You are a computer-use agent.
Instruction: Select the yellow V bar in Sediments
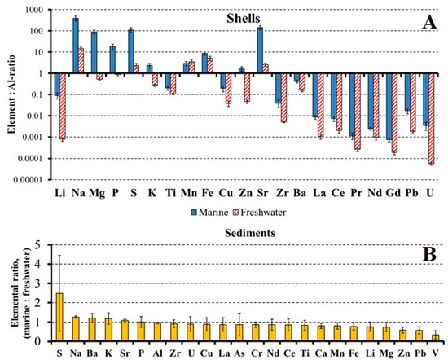pos(434,337)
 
